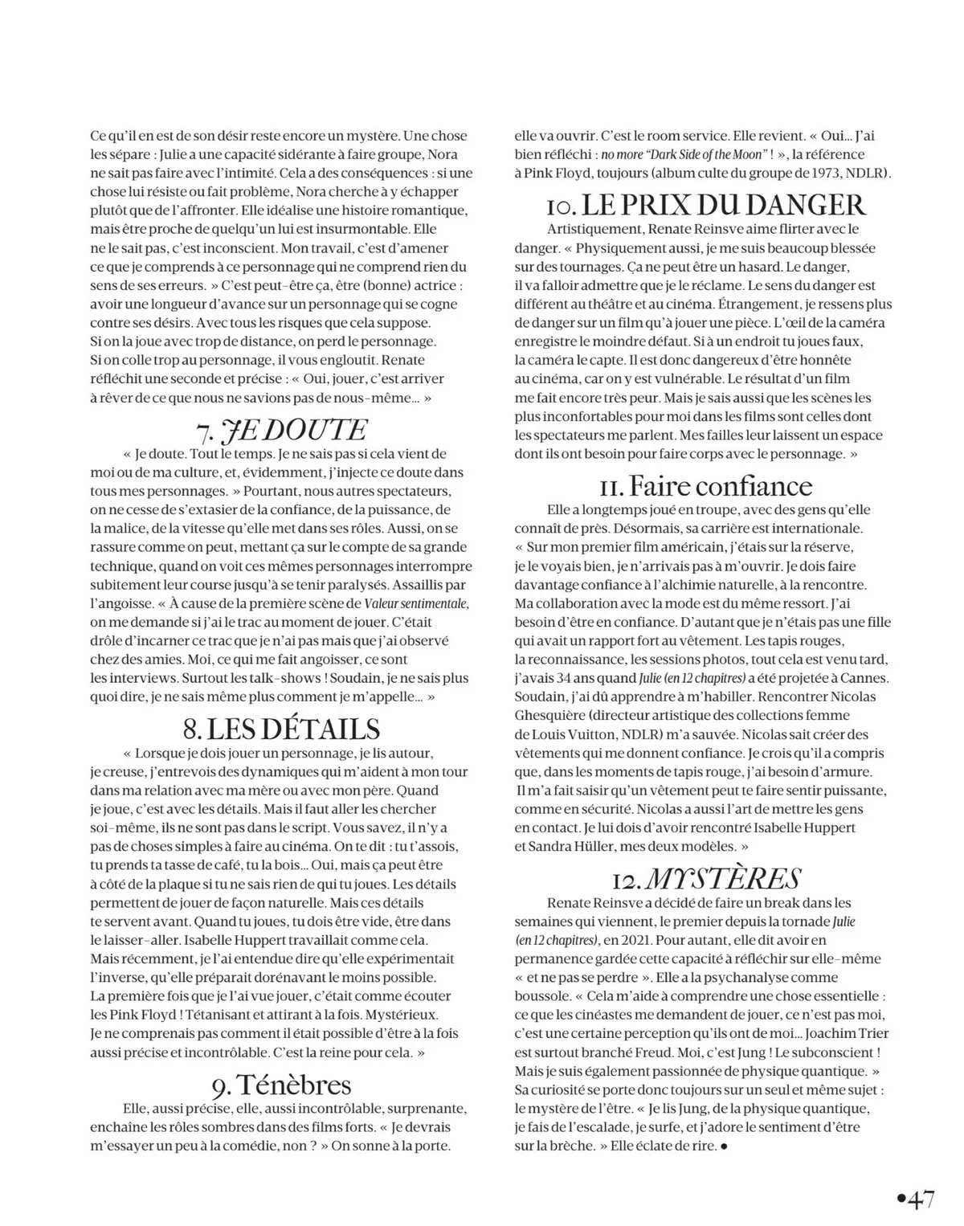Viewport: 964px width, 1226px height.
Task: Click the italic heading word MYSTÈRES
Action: [722, 878]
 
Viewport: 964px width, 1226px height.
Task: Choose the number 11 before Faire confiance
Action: [611, 486]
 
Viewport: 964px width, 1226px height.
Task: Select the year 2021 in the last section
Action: [640, 940]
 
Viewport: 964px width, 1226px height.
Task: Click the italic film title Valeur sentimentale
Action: [416, 603]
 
